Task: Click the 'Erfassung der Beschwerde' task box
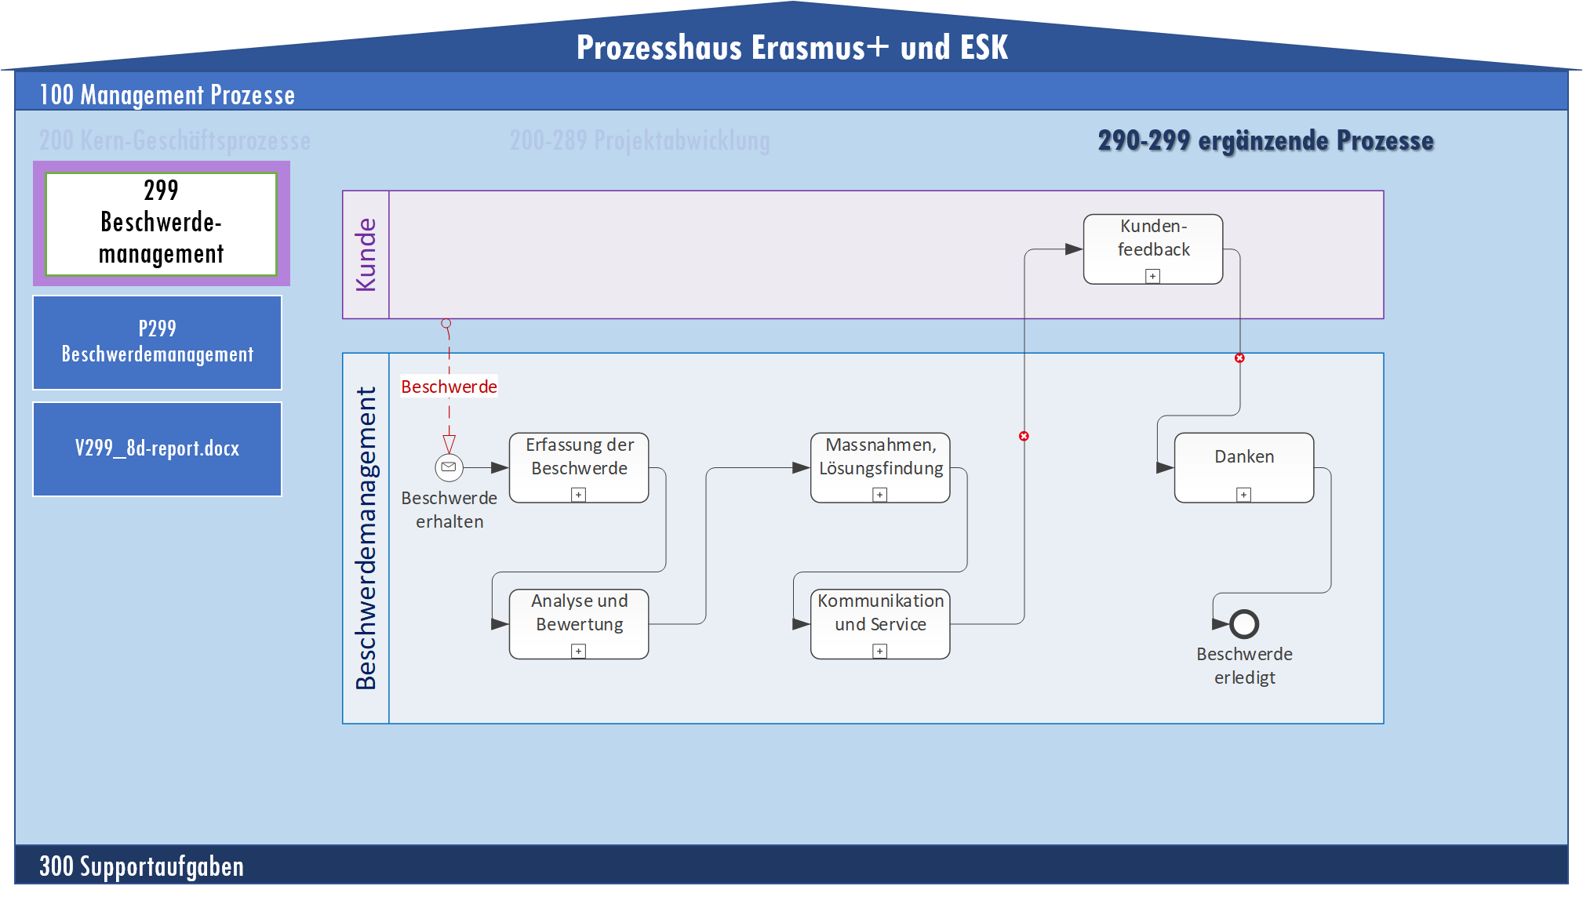pyautogui.click(x=579, y=467)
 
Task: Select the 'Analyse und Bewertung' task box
pyautogui.click(x=579, y=623)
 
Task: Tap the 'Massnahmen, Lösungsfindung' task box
pyautogui.click(x=880, y=467)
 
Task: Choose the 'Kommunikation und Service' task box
pyautogui.click(x=880, y=623)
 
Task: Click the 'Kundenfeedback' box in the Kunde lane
pyautogui.click(x=1153, y=248)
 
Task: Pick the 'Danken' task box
pyautogui.click(x=1244, y=467)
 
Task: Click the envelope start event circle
pyautogui.click(x=449, y=467)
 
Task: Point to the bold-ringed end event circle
pyautogui.click(x=1244, y=624)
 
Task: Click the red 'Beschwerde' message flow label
pyautogui.click(x=449, y=387)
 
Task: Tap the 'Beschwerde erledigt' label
pyautogui.click(x=1244, y=666)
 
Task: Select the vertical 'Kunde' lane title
pyautogui.click(x=366, y=255)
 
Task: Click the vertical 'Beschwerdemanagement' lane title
pyautogui.click(x=366, y=538)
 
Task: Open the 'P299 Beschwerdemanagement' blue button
pyautogui.click(x=157, y=342)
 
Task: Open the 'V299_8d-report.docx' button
pyautogui.click(x=157, y=448)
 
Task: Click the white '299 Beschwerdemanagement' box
pyautogui.click(x=162, y=223)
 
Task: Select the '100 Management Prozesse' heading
pyautogui.click(x=167, y=95)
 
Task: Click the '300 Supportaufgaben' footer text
pyautogui.click(x=141, y=866)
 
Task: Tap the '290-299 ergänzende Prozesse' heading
pyautogui.click(x=1265, y=141)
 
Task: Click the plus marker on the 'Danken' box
pyautogui.click(x=1243, y=494)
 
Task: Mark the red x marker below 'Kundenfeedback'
pyautogui.click(x=1239, y=358)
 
